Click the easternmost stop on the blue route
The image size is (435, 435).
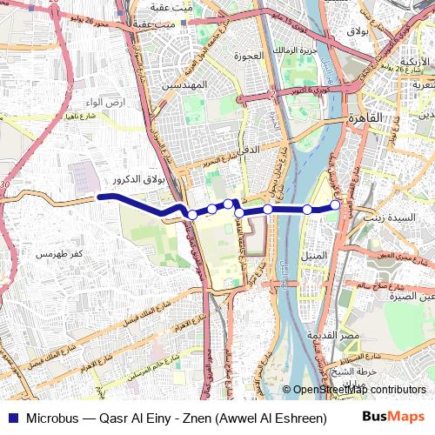pos(335,204)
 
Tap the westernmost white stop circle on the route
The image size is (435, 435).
pos(192,215)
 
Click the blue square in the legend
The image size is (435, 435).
pos(10,418)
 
